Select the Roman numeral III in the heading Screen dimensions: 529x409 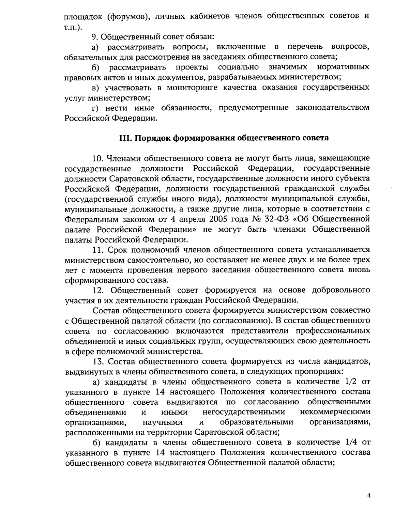pos(123,138)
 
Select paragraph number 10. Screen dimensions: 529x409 pos(98,158)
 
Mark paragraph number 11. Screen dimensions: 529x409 pos(98,250)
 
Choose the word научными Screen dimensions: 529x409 pos(162,422)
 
